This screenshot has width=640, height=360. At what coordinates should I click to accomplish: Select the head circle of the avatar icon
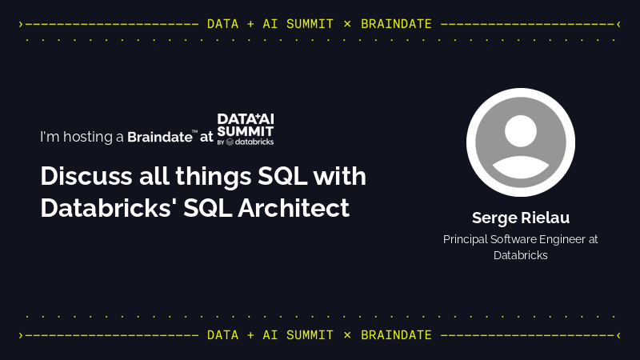click(521, 132)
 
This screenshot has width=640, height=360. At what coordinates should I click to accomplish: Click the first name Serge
click(494, 218)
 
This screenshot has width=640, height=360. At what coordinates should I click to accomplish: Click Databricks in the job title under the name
click(520, 255)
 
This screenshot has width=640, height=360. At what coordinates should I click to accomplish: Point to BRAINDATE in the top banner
click(396, 24)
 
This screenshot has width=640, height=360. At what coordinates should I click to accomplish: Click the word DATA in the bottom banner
click(222, 334)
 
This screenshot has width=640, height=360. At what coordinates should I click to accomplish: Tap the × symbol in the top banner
click(346, 24)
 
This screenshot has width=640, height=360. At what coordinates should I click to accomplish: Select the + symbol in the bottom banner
click(251, 334)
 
